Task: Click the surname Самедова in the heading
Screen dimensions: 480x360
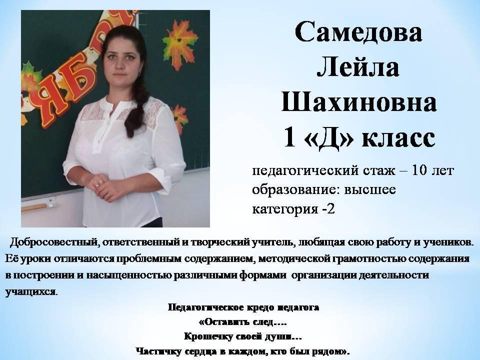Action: click(359, 31)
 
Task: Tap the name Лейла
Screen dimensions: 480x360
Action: click(358, 67)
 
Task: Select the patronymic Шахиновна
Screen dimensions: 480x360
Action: click(359, 101)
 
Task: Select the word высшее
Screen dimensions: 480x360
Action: click(370, 190)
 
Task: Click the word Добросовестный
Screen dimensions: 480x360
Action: click(54, 242)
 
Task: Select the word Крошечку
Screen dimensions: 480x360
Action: click(208, 336)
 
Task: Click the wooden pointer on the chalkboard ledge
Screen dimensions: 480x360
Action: click(36, 207)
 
